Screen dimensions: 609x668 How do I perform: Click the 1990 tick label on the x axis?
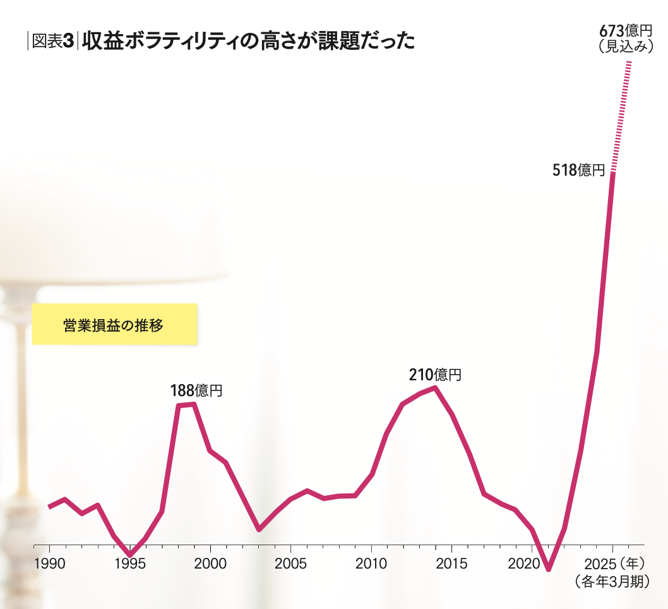point(49,564)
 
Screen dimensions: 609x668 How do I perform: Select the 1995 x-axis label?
point(129,564)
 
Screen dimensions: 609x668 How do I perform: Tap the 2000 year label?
point(210,564)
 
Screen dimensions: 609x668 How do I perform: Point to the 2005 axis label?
point(290,564)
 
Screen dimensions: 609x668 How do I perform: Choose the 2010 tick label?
point(371,564)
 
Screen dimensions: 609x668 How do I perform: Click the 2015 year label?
point(451,564)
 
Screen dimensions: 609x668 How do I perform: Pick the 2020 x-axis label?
point(531,564)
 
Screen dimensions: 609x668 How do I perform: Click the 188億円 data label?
point(196,391)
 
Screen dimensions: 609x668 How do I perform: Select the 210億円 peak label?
point(435,375)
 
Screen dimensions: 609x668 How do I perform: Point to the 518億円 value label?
point(579,170)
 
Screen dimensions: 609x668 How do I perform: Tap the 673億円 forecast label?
point(625,31)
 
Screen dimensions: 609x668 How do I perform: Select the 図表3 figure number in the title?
point(53,41)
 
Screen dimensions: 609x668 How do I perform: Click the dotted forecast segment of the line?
point(622,114)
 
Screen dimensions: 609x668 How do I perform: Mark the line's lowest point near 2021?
point(548,569)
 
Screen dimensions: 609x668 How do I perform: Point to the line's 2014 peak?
point(435,387)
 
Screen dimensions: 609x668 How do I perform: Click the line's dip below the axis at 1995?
point(130,555)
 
